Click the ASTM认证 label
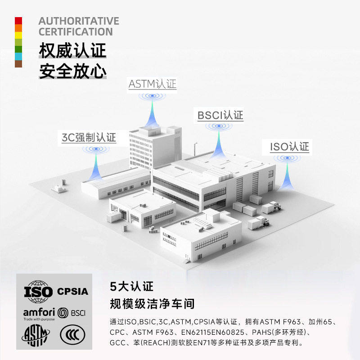[x=153, y=84]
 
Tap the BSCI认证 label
[x=220, y=115]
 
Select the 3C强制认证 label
[x=89, y=137]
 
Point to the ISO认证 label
[x=289, y=147]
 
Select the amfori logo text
[x=39, y=312]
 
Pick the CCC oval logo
[x=72, y=335]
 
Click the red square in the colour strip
[x=18, y=21]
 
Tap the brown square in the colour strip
[x=18, y=63]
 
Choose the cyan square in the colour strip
[x=18, y=56]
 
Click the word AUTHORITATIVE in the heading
[x=79, y=21]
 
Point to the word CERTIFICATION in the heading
[x=76, y=32]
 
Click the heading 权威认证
[x=72, y=50]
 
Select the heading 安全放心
[x=72, y=71]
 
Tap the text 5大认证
[x=131, y=286]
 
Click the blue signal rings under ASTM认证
[x=152, y=96]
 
